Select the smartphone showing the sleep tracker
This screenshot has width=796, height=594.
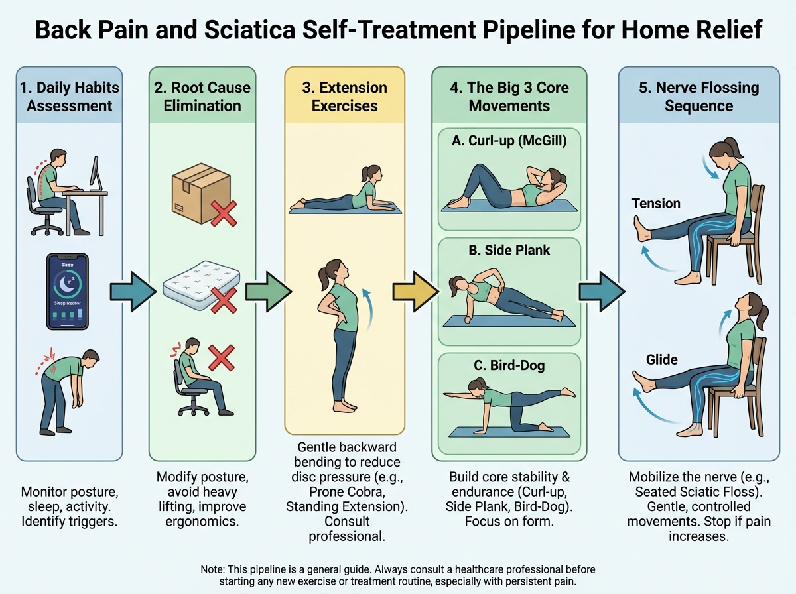click(66, 291)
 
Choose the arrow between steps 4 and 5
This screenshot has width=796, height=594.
click(602, 291)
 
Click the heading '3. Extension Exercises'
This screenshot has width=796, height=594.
click(345, 97)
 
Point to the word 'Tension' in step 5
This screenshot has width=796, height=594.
click(655, 203)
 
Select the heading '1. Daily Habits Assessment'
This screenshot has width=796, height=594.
click(69, 97)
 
